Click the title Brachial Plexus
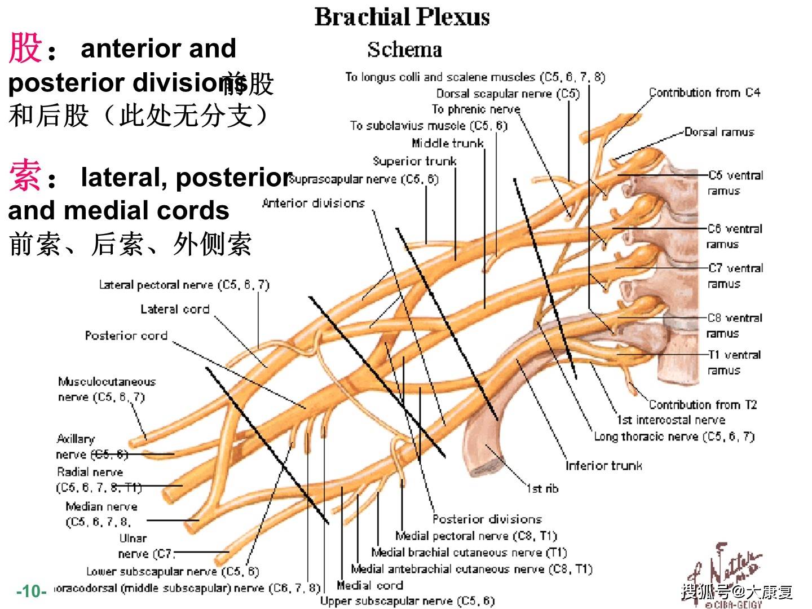[x=401, y=17]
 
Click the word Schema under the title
[x=404, y=50]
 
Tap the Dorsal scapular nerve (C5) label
[x=507, y=94]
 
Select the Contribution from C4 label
[x=704, y=92]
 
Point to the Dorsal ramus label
[x=719, y=132]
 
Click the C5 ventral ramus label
[x=735, y=183]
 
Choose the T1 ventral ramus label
[x=734, y=362]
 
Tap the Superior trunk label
[x=414, y=161]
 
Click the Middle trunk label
[x=448, y=143]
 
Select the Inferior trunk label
[x=603, y=465]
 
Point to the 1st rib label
[x=542, y=488]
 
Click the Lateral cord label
[x=175, y=309]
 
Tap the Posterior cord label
[x=126, y=336]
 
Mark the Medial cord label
[x=369, y=585]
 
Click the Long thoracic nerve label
[x=674, y=436]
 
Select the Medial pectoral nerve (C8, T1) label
[x=476, y=536]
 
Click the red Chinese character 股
[x=25, y=47]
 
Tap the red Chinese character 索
[x=25, y=176]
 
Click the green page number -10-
[x=32, y=591]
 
